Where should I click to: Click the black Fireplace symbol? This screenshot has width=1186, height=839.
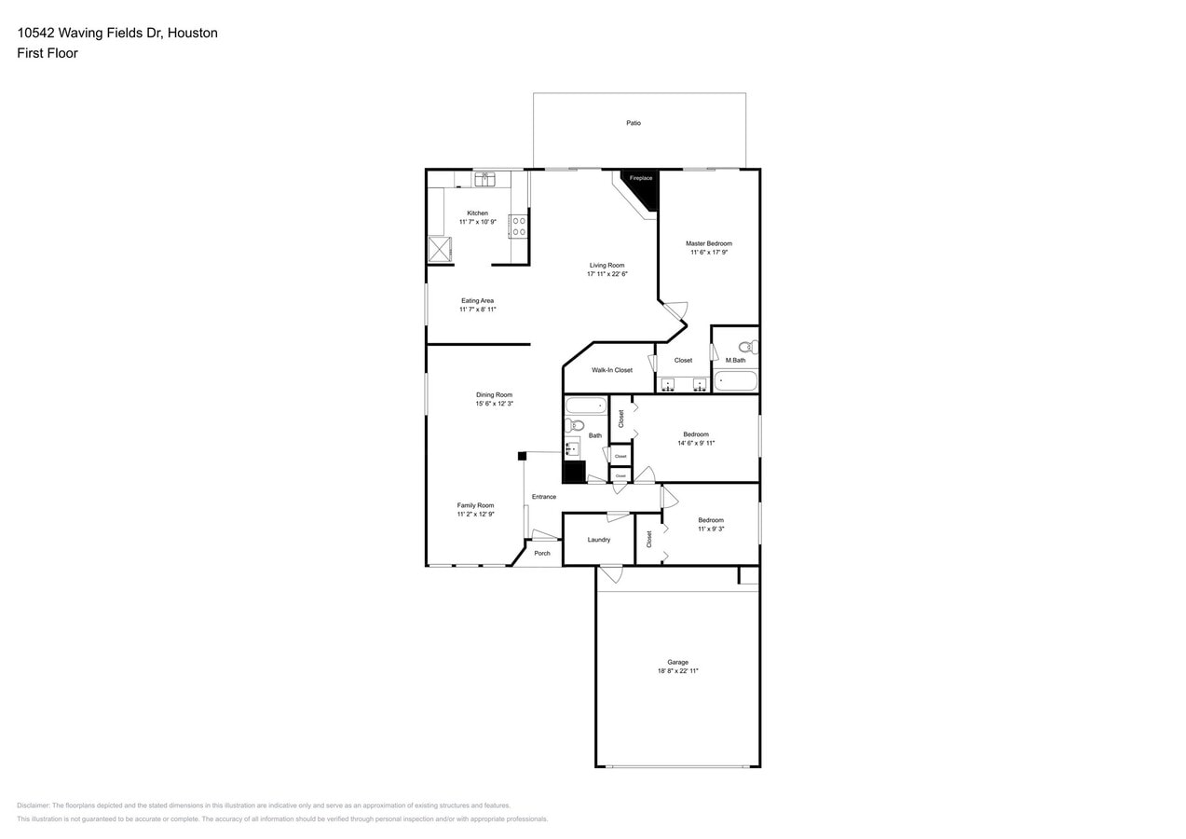[642, 186]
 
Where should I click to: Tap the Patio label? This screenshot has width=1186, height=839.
[634, 123]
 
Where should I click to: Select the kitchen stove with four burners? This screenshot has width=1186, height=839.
[518, 227]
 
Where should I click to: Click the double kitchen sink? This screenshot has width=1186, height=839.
[484, 179]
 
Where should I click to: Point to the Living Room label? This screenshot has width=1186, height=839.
[607, 266]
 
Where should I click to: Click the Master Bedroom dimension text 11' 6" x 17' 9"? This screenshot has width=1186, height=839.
[709, 253]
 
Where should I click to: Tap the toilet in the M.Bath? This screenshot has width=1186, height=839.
[747, 347]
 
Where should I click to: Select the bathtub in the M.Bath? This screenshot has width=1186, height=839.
[735, 381]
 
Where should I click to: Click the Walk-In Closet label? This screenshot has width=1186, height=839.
[611, 370]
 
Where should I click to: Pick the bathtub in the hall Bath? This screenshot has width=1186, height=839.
[586, 406]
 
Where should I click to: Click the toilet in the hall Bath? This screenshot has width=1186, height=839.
[573, 425]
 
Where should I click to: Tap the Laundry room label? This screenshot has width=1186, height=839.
[599, 540]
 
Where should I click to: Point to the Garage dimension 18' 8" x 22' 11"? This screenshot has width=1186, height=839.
[677, 671]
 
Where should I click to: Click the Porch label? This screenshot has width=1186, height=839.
[542, 554]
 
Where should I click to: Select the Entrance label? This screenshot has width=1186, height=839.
[544, 497]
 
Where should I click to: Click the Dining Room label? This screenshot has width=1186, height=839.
[494, 395]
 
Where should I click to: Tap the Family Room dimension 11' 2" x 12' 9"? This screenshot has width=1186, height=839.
[475, 515]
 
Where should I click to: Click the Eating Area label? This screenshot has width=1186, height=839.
[477, 301]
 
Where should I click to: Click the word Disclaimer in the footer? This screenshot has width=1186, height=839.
[33, 805]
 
